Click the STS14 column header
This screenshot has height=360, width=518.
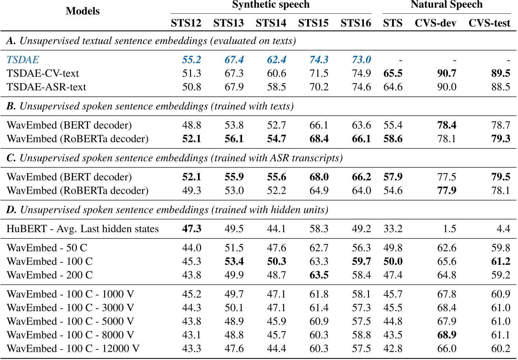click(271, 23)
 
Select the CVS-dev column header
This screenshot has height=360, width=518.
click(435, 23)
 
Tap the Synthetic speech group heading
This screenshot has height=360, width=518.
click(271, 5)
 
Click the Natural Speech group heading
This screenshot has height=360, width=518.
click(446, 5)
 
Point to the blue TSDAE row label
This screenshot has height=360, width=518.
click(23, 60)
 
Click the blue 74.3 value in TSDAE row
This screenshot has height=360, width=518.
click(319, 60)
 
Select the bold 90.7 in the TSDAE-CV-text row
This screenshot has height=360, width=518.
click(447, 73)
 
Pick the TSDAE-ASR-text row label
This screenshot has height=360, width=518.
click(46, 87)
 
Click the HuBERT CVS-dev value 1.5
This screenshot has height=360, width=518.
click(449, 229)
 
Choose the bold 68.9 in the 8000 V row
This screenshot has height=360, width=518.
click(447, 335)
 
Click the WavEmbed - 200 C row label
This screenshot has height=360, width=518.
click(50, 275)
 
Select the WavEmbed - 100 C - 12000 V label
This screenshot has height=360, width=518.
click(73, 349)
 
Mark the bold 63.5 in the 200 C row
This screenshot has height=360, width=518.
click(319, 275)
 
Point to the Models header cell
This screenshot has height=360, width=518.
click(82, 11)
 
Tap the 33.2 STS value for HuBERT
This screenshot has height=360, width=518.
click(393, 229)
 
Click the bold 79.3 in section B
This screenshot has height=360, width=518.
click(500, 139)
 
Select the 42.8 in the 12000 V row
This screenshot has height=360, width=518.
click(393, 349)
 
